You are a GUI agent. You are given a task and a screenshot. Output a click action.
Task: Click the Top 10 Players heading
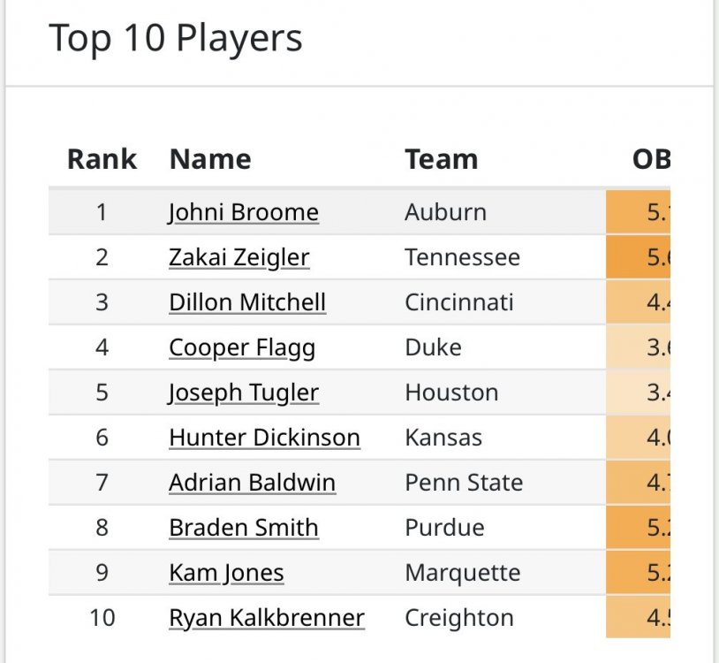click(175, 39)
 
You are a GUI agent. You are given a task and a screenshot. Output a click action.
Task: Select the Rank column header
click(102, 159)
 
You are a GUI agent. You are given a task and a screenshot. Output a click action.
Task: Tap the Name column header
click(210, 159)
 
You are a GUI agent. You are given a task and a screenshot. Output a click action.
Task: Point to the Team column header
click(441, 159)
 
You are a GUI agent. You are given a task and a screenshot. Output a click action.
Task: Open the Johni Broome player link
click(243, 212)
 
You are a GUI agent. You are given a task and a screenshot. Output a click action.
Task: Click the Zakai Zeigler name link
click(238, 257)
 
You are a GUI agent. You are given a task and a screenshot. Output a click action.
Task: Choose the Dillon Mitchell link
click(247, 302)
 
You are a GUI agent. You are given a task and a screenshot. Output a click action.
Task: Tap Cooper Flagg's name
click(241, 347)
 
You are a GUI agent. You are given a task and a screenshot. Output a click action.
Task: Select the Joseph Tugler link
click(243, 392)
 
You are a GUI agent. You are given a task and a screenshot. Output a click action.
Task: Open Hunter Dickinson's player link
click(264, 438)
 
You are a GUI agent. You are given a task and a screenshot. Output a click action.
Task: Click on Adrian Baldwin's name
click(252, 483)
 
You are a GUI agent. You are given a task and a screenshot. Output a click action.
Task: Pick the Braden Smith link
click(243, 528)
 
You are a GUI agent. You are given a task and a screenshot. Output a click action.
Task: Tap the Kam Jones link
click(226, 573)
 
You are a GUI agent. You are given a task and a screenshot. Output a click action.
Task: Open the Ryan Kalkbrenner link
click(266, 617)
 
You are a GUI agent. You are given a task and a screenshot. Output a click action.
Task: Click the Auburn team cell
click(445, 212)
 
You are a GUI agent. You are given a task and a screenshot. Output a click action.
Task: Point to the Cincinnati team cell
click(458, 302)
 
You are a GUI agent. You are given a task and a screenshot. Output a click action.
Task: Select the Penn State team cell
click(463, 483)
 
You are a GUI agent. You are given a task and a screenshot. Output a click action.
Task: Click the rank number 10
click(102, 617)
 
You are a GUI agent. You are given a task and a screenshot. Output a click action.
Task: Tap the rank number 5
click(102, 392)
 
